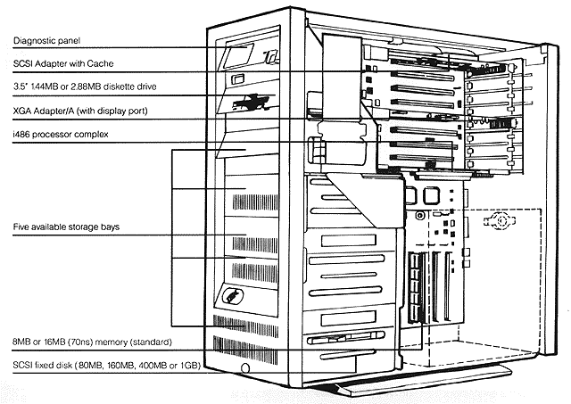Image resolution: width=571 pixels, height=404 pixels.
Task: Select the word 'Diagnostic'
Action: pos(32,40)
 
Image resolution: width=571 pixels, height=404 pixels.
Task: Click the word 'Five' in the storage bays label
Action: pos(21,228)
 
